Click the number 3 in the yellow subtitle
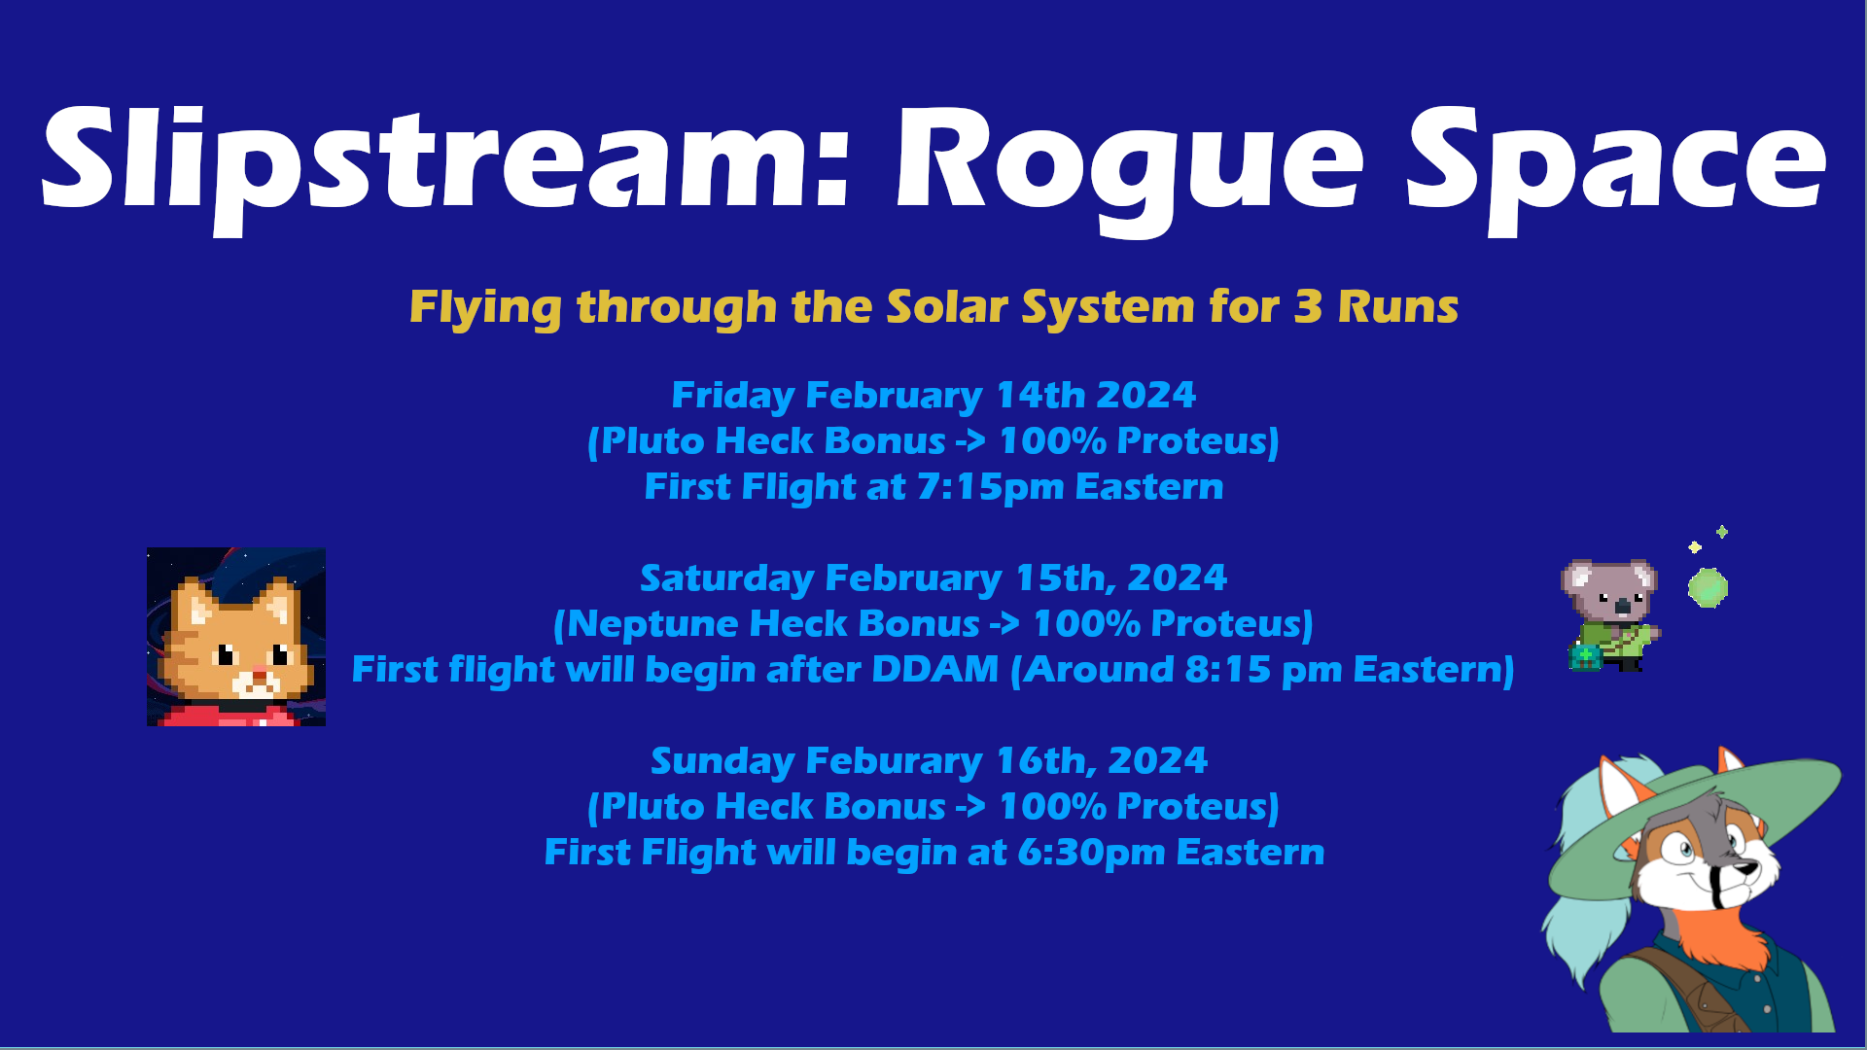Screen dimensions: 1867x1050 click(x=1308, y=307)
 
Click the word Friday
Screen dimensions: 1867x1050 click(x=733, y=397)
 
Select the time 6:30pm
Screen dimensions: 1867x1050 click(x=1091, y=853)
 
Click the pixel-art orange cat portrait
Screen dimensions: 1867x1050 click(x=236, y=637)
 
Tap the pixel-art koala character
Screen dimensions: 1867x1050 click(x=1611, y=615)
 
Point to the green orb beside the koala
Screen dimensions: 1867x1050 click(x=1708, y=588)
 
